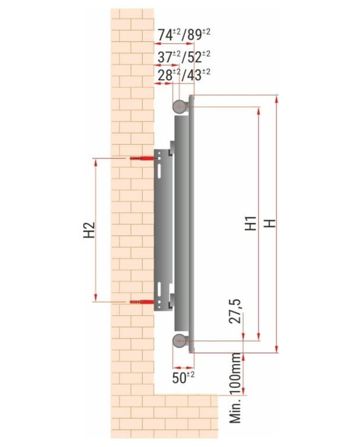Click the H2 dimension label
click(x=89, y=230)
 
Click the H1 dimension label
click(x=251, y=223)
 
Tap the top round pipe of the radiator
click(x=179, y=105)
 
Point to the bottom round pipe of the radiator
click(x=179, y=340)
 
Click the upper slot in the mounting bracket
click(x=158, y=172)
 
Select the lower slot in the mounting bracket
click(x=158, y=288)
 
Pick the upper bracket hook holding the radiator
click(x=172, y=148)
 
